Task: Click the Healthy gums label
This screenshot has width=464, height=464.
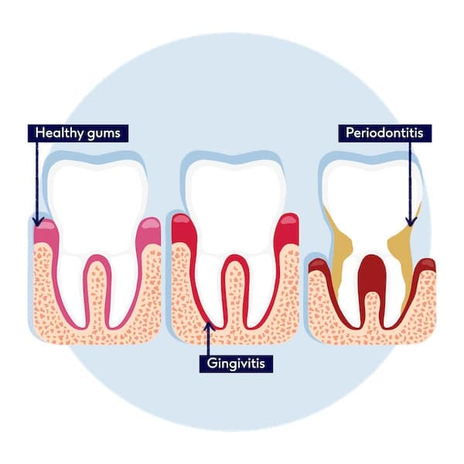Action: tap(78, 133)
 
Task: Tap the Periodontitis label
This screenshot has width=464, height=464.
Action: tap(385, 133)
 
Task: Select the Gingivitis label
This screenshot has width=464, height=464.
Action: tap(236, 363)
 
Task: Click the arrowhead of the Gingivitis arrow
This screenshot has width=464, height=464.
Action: tap(208, 326)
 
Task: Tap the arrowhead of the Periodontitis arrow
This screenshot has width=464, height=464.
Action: tap(411, 221)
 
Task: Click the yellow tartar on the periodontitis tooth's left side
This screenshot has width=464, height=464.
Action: tap(340, 246)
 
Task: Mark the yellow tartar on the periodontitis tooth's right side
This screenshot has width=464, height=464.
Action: tap(400, 246)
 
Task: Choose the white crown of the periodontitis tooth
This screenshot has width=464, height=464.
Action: tap(371, 201)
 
